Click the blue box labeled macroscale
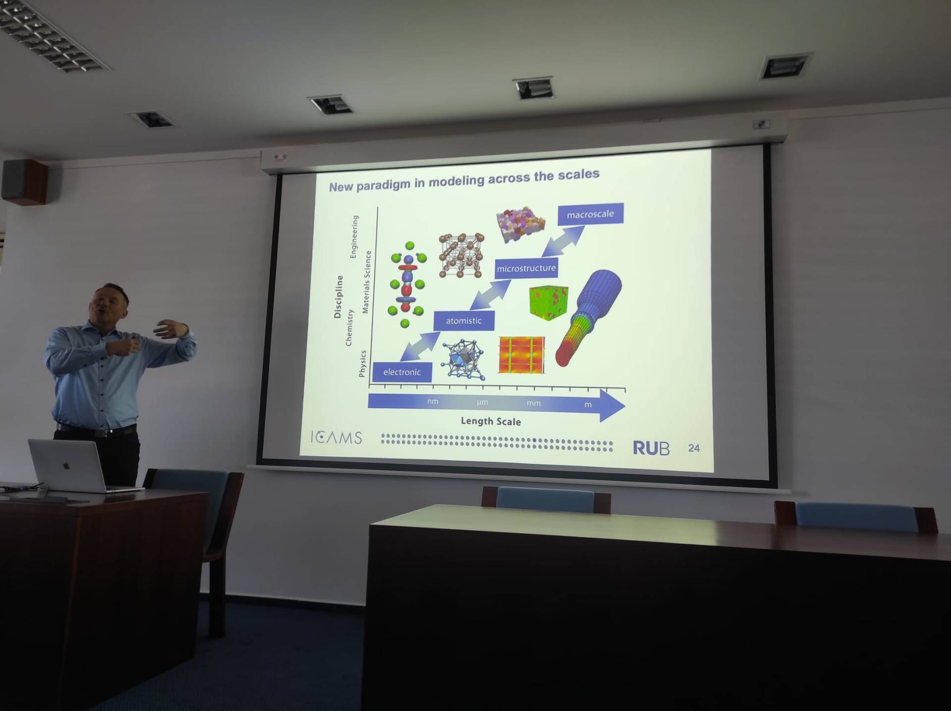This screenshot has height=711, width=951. (x=590, y=214)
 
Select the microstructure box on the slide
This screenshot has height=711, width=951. (x=527, y=268)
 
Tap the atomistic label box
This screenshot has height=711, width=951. (x=464, y=320)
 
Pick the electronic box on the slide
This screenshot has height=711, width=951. (x=402, y=372)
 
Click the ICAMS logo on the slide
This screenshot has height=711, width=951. (x=336, y=437)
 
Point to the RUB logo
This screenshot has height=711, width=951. (x=651, y=448)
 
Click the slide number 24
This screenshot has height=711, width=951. (x=694, y=448)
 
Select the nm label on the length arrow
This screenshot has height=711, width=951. (x=433, y=402)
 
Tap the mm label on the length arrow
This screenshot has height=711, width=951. (x=533, y=403)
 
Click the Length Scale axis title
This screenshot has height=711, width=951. (x=491, y=421)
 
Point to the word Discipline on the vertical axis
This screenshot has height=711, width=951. (x=338, y=297)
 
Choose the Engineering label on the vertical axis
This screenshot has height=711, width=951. (x=354, y=237)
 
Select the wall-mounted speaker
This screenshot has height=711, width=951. (x=25, y=181)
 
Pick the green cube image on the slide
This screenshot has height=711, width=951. (x=548, y=302)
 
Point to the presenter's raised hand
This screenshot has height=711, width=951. (x=171, y=329)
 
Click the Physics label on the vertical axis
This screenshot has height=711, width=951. (x=362, y=364)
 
